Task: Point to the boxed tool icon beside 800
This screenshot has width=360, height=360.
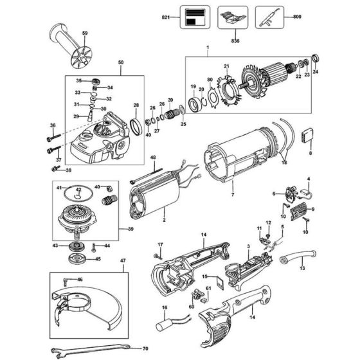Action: (270, 15)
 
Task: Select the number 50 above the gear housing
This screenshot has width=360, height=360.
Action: (120, 62)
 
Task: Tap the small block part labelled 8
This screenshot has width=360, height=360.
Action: (310, 136)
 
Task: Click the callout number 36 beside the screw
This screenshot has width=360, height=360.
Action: (53, 126)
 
